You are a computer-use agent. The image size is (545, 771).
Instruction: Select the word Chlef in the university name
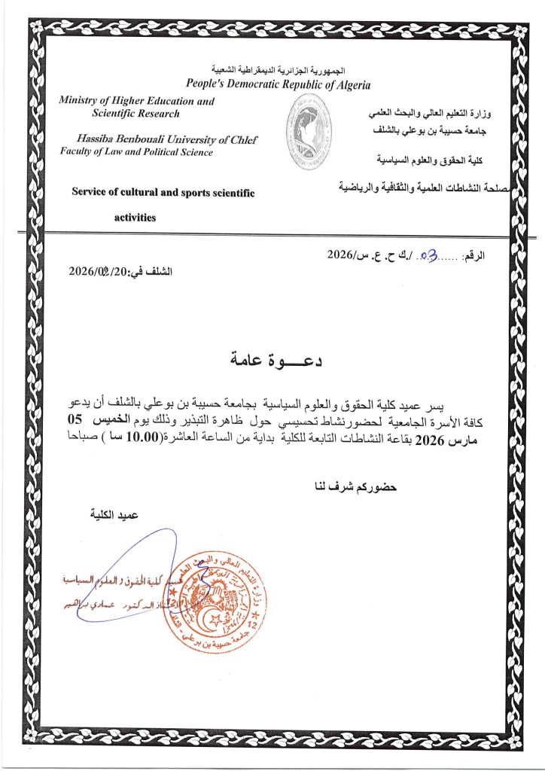[242, 139]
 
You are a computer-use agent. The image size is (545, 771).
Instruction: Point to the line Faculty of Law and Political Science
[136, 151]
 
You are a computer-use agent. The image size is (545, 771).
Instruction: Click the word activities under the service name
[135, 218]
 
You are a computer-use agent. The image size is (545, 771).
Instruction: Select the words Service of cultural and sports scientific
[163, 193]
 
